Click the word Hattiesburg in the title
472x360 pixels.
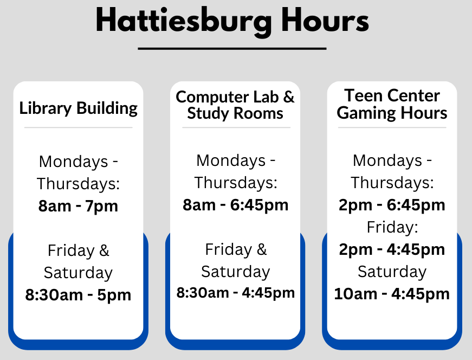[x=184, y=21]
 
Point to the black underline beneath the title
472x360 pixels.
[x=232, y=48]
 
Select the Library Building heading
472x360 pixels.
[x=78, y=108]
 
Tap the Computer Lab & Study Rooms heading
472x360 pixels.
[x=235, y=105]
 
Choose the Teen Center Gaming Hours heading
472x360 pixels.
[x=392, y=104]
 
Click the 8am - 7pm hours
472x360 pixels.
[x=78, y=206]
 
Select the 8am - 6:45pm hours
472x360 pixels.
[x=235, y=205]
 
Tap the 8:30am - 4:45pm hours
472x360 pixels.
[x=235, y=293]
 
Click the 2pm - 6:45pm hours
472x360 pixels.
[x=392, y=205]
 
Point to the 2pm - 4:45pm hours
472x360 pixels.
[x=392, y=249]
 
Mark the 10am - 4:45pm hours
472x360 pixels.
[x=392, y=294]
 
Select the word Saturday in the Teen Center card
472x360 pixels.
[x=392, y=272]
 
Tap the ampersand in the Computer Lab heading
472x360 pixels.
[x=289, y=97]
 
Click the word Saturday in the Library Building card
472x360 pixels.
[x=78, y=273]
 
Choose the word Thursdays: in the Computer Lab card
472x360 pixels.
[x=236, y=183]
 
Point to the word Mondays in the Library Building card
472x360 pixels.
[x=74, y=162]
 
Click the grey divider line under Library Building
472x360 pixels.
[x=78, y=127]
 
